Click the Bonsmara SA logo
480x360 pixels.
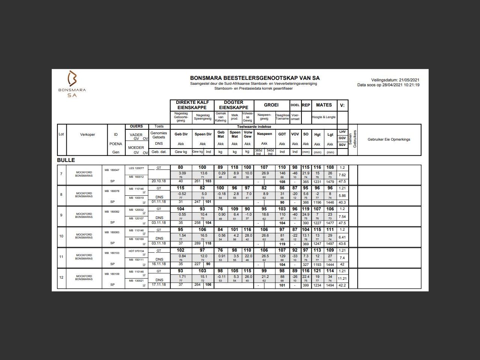[72, 84]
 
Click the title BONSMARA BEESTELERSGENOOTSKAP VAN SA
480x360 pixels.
[255, 78]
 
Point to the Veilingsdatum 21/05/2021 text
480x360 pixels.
[395, 80]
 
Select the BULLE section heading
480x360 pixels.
[66, 160]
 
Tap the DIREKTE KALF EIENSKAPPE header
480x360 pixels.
[192, 105]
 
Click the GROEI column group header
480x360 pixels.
[271, 105]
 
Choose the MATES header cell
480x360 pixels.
[324, 105]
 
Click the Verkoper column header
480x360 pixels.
[87, 135]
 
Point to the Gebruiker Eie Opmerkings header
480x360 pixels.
[389, 139]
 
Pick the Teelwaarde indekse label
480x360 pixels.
[254, 127]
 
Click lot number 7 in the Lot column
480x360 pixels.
[61, 174]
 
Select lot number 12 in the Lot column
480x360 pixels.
[61, 277]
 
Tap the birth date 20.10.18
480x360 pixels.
[159, 181]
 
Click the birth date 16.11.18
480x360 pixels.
[159, 264]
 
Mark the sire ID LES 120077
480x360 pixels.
[136, 168]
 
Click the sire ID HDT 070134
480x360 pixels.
[136, 251]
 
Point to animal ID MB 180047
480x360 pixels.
[112, 170]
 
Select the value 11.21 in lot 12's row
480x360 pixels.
[342, 279]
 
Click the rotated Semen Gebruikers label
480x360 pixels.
[353, 139]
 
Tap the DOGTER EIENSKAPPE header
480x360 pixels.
[234, 105]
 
